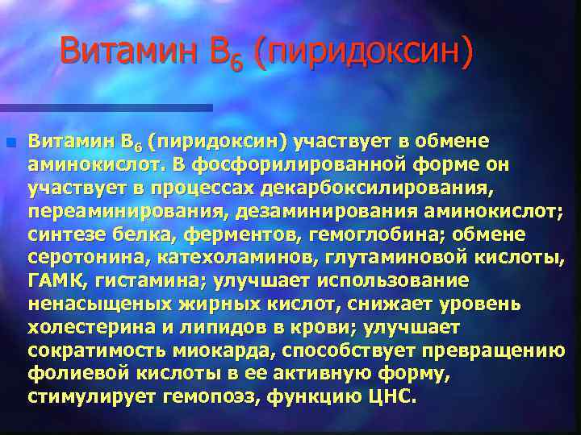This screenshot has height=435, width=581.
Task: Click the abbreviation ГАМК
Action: pos(56,282)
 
